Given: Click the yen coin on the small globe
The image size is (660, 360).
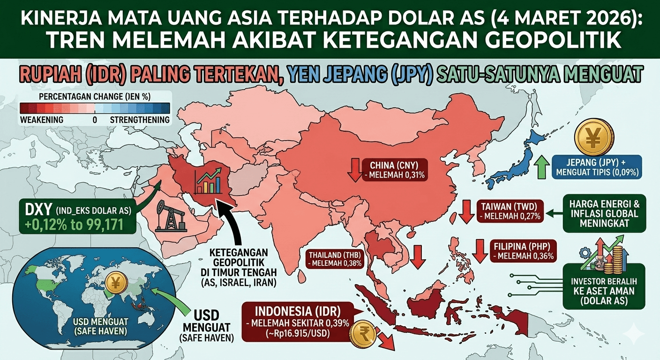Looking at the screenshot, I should click(115, 283).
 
